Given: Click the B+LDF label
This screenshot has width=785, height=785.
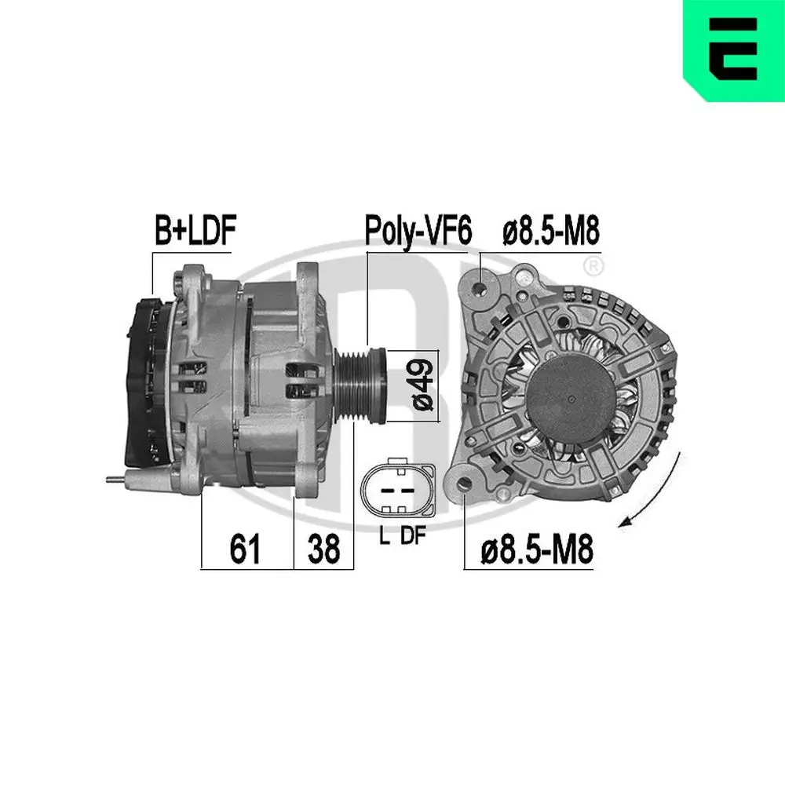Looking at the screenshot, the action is [195, 230].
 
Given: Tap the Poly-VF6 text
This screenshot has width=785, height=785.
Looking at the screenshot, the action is [418, 231].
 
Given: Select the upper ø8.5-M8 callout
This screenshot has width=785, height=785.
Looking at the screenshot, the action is [551, 231].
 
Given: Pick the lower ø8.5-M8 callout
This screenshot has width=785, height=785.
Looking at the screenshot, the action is [537, 549].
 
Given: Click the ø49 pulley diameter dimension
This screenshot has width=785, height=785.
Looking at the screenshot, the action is [422, 385].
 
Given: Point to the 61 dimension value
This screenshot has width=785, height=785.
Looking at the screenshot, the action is [245, 549].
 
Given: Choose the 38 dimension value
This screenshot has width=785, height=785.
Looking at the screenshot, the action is [323, 549].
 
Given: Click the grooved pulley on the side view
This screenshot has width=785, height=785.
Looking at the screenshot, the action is [360, 385].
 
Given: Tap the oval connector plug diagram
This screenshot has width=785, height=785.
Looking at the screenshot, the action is [398, 490].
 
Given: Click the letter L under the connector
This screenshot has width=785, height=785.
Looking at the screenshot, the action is [385, 536].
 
